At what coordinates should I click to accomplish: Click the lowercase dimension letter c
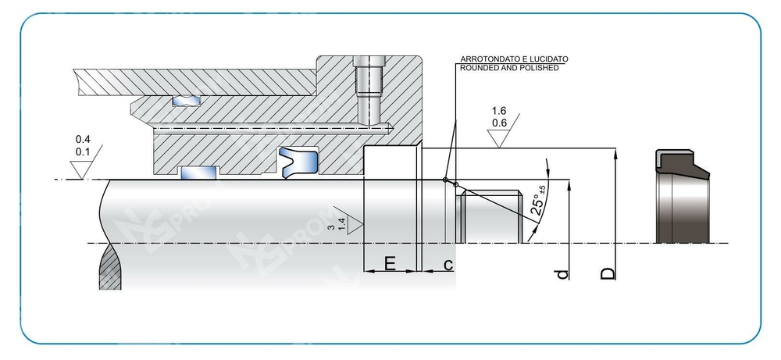point(448,265)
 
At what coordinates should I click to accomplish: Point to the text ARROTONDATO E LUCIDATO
point(515,59)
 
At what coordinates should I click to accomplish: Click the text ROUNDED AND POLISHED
point(510,68)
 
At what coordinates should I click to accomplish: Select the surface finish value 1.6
point(499,111)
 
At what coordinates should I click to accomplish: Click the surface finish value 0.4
point(81,138)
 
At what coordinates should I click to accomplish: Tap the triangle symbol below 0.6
point(500,139)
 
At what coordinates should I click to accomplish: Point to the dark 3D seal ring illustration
point(681,196)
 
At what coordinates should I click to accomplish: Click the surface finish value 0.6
point(499,123)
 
